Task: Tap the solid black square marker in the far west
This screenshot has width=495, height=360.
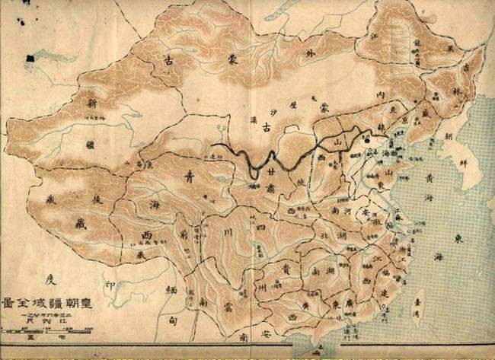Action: click(30, 57)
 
